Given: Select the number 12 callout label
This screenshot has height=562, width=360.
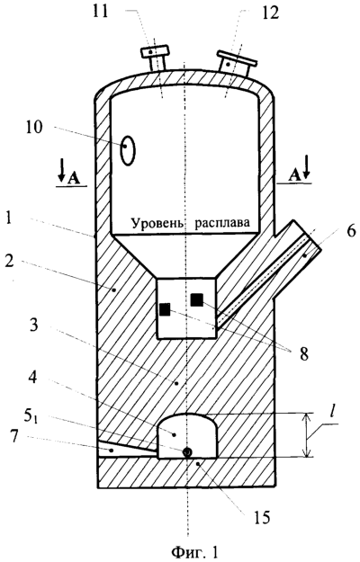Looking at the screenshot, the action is (269, 13).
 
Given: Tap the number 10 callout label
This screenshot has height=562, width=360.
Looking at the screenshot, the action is (34, 128).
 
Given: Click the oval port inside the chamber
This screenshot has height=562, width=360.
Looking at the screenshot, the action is (128, 150).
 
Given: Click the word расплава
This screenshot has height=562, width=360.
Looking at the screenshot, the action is (222, 223).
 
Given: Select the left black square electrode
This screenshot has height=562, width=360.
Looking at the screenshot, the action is (165, 309).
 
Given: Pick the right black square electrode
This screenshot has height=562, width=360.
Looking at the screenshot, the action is (197, 299).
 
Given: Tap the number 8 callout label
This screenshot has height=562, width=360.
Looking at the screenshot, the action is (303, 355).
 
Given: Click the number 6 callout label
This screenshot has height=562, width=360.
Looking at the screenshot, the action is (351, 230).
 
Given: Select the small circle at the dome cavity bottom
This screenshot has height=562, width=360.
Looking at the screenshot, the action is (187, 452).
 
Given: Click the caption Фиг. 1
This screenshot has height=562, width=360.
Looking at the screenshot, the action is (194, 552).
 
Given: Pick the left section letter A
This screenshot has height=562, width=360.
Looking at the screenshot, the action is (74, 178).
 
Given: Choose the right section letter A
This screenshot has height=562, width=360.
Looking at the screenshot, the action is (293, 175).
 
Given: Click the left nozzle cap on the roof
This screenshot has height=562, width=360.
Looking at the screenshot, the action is (156, 50).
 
